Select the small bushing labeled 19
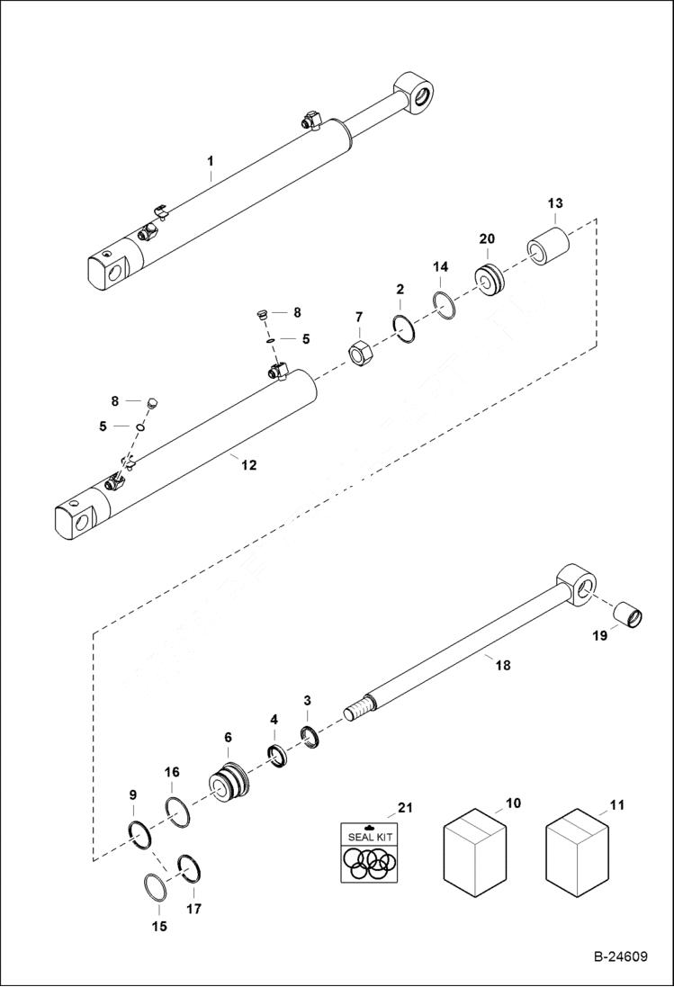click(626, 618)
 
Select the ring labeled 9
click(139, 833)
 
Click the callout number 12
click(248, 465)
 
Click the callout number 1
click(210, 161)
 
